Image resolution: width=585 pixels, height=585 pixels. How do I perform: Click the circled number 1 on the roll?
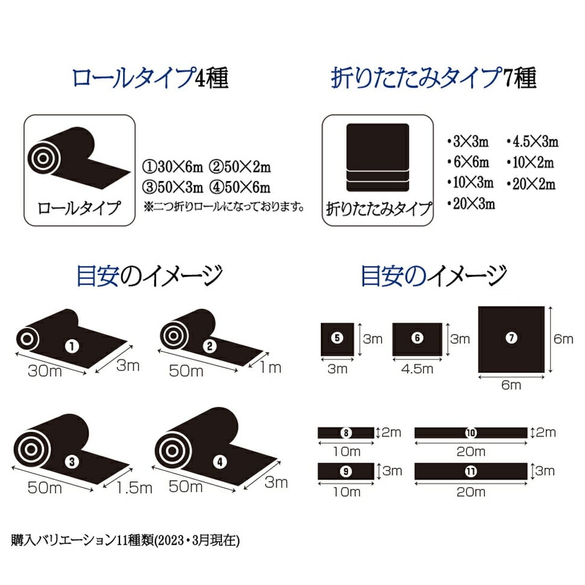click(72, 346)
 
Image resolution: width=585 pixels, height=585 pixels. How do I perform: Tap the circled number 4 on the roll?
click(220, 462)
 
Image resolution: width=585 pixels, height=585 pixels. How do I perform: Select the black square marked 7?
click(511, 340)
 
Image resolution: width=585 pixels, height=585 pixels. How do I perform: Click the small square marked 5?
click(337, 339)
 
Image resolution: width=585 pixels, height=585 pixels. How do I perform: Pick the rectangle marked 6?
click(417, 339)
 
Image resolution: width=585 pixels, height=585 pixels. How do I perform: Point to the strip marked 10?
click(471, 433)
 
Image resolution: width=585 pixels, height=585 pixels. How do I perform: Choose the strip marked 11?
click(471, 471)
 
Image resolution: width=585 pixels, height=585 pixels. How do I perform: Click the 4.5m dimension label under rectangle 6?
click(417, 369)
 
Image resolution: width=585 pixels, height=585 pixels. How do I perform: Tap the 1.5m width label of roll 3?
click(134, 488)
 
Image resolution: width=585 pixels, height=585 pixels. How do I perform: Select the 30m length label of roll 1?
click(45, 371)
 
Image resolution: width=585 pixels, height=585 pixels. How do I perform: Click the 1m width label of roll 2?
click(270, 367)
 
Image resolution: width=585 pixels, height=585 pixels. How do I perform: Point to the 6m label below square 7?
click(511, 385)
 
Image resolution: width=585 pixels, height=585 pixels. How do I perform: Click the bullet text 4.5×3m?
click(533, 142)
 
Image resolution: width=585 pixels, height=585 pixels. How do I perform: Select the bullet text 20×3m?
click(471, 204)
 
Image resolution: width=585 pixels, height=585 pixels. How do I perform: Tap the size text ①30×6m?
click(172, 167)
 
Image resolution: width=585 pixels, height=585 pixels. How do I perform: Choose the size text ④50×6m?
click(239, 187)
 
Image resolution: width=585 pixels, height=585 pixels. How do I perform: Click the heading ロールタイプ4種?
click(150, 78)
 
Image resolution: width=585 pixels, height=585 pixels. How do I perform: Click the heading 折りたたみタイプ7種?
click(434, 78)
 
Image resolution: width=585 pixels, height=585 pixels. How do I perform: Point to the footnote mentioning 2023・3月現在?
click(125, 540)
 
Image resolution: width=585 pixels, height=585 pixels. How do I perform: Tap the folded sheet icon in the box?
click(378, 157)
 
